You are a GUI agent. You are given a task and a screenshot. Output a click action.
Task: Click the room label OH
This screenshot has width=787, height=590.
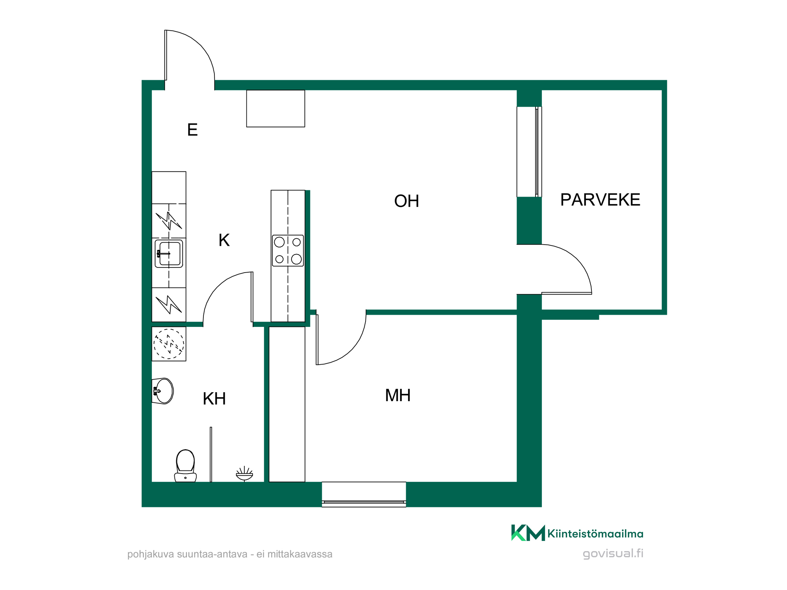click(x=406, y=201)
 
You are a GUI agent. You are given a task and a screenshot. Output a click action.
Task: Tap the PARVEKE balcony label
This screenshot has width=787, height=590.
click(x=600, y=200)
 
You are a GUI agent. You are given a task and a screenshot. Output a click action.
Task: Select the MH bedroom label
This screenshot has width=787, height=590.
click(x=398, y=395)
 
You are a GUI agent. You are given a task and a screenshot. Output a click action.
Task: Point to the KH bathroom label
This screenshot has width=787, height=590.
click(x=214, y=399)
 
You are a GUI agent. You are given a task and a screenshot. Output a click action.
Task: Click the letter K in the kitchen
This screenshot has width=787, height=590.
click(x=224, y=240)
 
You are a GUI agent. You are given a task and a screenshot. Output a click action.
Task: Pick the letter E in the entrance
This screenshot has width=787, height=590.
click(x=192, y=130)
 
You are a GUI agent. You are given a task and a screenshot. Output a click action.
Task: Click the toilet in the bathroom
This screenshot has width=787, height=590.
click(x=185, y=466)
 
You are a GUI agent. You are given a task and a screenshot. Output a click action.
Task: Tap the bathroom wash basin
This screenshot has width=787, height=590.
click(x=163, y=391)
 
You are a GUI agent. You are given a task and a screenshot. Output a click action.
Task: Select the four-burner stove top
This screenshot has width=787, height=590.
click(x=288, y=251)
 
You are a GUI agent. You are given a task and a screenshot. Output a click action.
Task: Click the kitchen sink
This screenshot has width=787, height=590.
click(x=169, y=254)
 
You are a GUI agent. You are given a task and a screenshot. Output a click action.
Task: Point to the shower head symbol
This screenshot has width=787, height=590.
click(x=244, y=474)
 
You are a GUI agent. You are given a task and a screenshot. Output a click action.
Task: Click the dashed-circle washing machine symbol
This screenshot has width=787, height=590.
click(x=169, y=344)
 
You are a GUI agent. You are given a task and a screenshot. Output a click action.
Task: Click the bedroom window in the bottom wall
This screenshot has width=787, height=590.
click(x=364, y=494)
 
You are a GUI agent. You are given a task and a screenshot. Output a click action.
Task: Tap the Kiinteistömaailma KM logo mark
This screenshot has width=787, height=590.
click(x=528, y=533)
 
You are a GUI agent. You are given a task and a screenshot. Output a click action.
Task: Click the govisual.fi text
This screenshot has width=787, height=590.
click(x=613, y=553)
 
